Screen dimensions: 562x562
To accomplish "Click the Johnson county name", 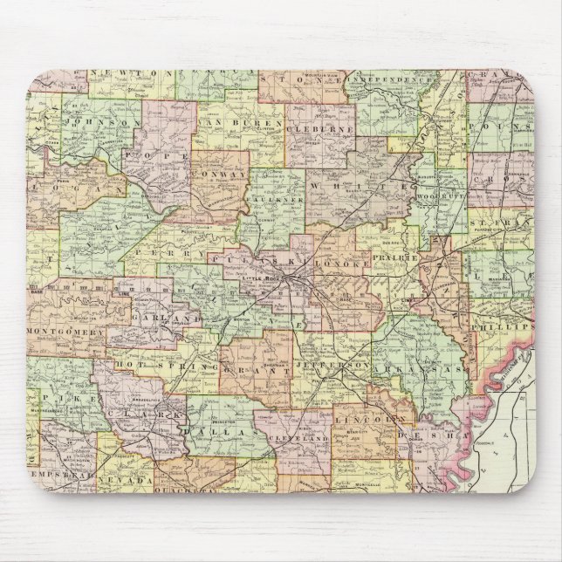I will (x=103, y=125).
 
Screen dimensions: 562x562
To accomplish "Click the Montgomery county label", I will (x=66, y=332).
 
